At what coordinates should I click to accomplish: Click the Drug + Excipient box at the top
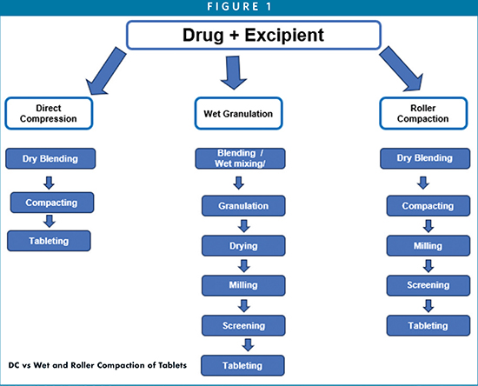(254, 35)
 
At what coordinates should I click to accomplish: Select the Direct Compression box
(49, 113)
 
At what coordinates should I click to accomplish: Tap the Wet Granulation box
(239, 113)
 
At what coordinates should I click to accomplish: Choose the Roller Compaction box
(423, 113)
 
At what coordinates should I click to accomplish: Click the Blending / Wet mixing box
(240, 158)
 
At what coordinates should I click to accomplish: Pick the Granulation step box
(243, 206)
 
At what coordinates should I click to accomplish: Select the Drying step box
(243, 246)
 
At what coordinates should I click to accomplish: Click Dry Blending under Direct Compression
(50, 158)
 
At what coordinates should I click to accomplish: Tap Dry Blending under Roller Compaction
(425, 158)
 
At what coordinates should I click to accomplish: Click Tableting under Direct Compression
(49, 241)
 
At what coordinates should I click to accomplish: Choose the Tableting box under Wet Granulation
(242, 365)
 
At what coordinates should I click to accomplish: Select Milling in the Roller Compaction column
(428, 246)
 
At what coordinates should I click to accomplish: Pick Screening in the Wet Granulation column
(243, 326)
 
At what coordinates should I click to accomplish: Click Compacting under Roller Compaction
(428, 206)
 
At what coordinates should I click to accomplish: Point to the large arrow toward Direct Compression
(105, 71)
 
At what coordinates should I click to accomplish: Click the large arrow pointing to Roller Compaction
(402, 69)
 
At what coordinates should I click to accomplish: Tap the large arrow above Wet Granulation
(234, 72)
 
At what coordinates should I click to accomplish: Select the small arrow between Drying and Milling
(244, 266)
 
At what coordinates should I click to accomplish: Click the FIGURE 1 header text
(239, 7)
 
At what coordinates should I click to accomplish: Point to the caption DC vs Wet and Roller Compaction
(97, 365)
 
